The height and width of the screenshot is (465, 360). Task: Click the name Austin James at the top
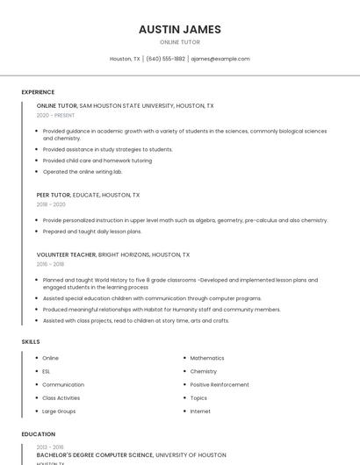180,29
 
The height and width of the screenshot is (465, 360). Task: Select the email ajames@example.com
220,59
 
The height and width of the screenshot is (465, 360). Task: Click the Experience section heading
38,92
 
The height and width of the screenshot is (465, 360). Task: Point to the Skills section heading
31,341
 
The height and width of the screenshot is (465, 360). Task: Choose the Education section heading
38,434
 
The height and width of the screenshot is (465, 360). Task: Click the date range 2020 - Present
55,115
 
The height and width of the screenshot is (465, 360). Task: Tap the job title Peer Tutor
54,195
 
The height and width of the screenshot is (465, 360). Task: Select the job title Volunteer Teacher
66,254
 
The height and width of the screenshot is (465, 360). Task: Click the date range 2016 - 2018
50,264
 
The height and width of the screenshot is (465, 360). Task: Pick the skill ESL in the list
47,371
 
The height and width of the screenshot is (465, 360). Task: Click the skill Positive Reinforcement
220,384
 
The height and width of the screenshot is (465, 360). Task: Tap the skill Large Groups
59,411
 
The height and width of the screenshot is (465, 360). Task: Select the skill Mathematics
207,358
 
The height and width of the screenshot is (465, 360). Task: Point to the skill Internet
200,411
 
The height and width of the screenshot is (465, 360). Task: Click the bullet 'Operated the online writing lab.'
83,172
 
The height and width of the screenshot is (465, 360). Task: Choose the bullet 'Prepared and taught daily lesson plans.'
92,232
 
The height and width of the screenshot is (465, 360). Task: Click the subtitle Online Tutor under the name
180,42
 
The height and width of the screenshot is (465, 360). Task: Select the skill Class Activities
61,397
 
